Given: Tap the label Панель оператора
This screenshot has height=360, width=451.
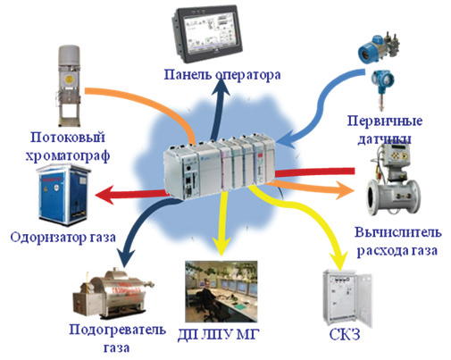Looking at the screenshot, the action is pyautogui.click(x=222, y=75).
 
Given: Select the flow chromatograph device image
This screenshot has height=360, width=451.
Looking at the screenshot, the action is pyautogui.click(x=69, y=87).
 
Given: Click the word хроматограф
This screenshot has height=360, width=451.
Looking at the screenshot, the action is pyautogui.click(x=68, y=155).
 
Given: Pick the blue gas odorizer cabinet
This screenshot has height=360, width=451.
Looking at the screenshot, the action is pyautogui.click(x=63, y=196).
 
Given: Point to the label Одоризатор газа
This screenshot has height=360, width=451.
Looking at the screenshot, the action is pyautogui.click(x=63, y=238).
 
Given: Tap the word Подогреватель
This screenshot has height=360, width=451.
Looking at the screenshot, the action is pyautogui.click(x=117, y=330).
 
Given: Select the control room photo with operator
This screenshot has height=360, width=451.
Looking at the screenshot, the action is pyautogui.click(x=221, y=291).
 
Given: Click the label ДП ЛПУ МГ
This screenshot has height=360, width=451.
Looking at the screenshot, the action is pyautogui.click(x=219, y=335).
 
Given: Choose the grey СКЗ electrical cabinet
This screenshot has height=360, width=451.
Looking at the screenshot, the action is pyautogui.click(x=347, y=298).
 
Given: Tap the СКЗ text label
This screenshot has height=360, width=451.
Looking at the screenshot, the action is pyautogui.click(x=345, y=334).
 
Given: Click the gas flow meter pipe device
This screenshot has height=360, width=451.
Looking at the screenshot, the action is pyautogui.click(x=393, y=180).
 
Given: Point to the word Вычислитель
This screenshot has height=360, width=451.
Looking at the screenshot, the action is pyautogui.click(x=398, y=232).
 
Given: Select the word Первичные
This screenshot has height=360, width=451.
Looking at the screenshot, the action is pyautogui.click(x=385, y=121).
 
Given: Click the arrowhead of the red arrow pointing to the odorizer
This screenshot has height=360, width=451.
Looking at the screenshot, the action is pyautogui.click(x=104, y=195).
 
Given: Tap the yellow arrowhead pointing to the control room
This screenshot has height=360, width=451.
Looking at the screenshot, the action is pyautogui.click(x=221, y=247).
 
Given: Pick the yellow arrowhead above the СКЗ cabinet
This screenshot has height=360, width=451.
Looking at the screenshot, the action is pyautogui.click(x=339, y=260).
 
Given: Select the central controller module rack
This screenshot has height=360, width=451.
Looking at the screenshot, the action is pyautogui.click(x=220, y=167).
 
